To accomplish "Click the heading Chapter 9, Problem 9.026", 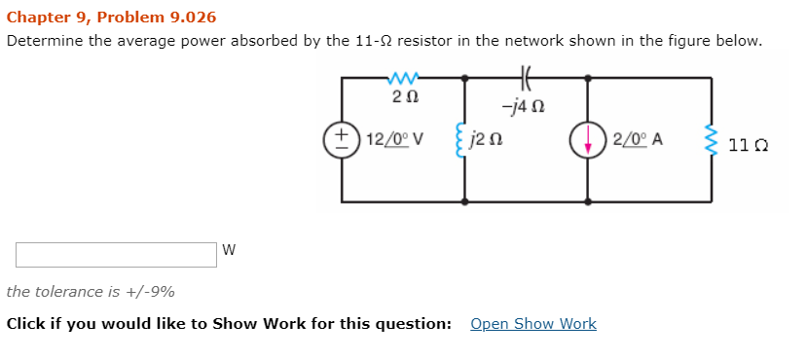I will click(111, 18).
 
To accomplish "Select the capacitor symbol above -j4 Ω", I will click(527, 76).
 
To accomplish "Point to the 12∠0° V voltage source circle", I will click(342, 138).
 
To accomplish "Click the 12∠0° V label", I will click(392, 139).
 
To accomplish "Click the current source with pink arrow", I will click(587, 139).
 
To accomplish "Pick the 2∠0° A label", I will click(639, 139).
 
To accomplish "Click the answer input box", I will click(116, 255).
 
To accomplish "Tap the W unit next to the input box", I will click(229, 250).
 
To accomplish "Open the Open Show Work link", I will click(532, 324).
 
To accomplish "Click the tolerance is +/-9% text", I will click(91, 292).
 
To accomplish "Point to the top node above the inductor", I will click(464, 77).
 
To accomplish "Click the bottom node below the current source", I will click(587, 201).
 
